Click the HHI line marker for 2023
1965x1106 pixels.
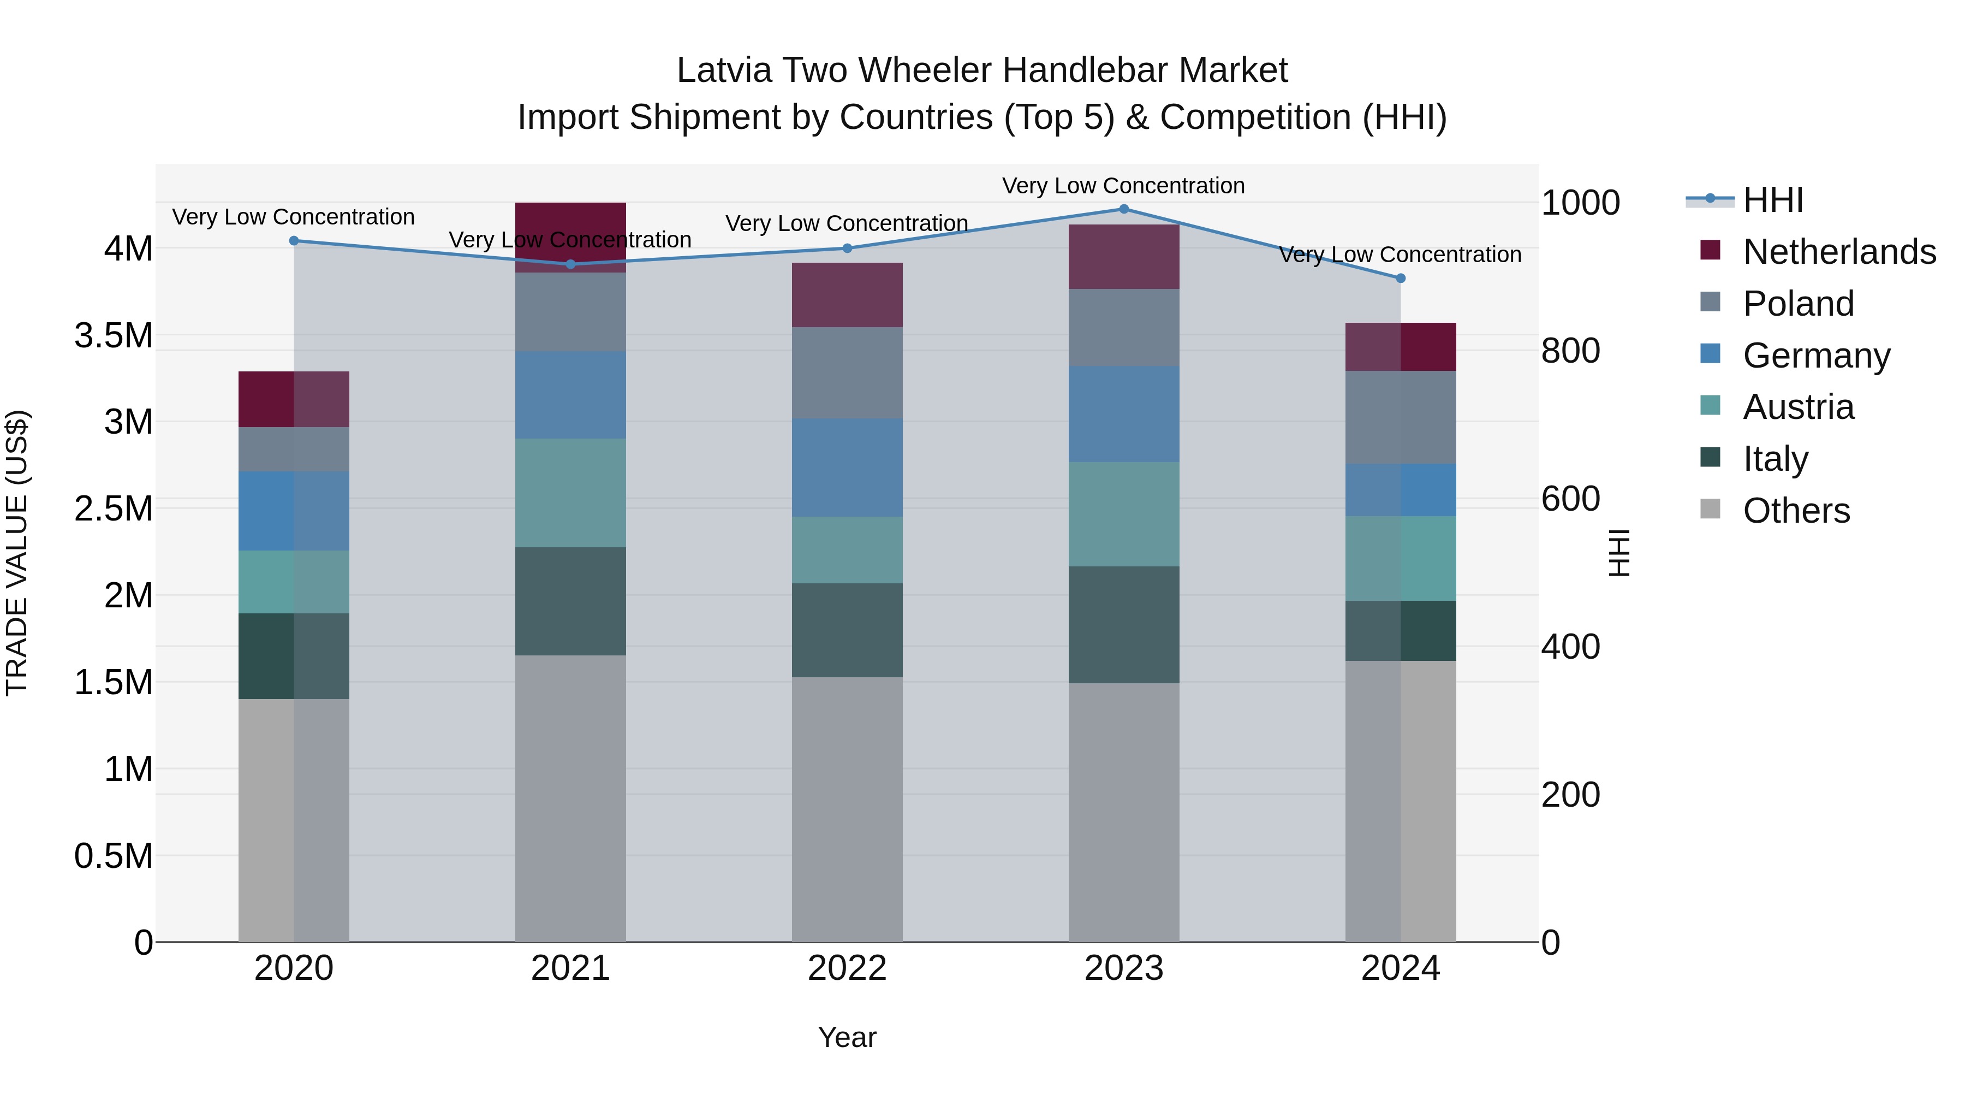pyautogui.click(x=1124, y=209)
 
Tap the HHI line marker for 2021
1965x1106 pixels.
pyautogui.click(x=570, y=264)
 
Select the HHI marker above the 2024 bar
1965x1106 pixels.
pyautogui.click(x=1401, y=279)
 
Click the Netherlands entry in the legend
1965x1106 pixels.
pyautogui.click(x=1838, y=252)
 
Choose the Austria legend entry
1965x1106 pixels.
pyautogui.click(x=1797, y=407)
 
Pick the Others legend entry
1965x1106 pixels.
pyautogui.click(x=1796, y=511)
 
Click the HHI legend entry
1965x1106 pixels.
pyautogui.click(x=1772, y=200)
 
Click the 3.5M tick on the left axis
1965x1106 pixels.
pyautogui.click(x=114, y=335)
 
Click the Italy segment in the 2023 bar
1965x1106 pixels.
pyautogui.click(x=1124, y=624)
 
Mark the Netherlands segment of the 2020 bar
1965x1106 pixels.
pyautogui.click(x=294, y=399)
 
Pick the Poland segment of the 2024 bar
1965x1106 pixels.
pyautogui.click(x=1401, y=417)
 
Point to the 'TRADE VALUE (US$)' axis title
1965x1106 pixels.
pyautogui.click(x=17, y=553)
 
